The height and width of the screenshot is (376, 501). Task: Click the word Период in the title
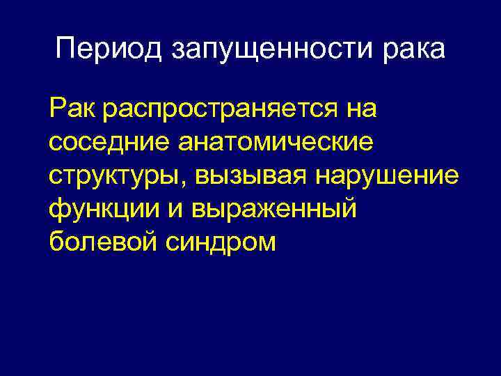tap(108, 49)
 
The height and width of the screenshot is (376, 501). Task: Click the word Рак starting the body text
tap(70, 109)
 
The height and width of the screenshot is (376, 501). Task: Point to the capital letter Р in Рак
tap(56, 109)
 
